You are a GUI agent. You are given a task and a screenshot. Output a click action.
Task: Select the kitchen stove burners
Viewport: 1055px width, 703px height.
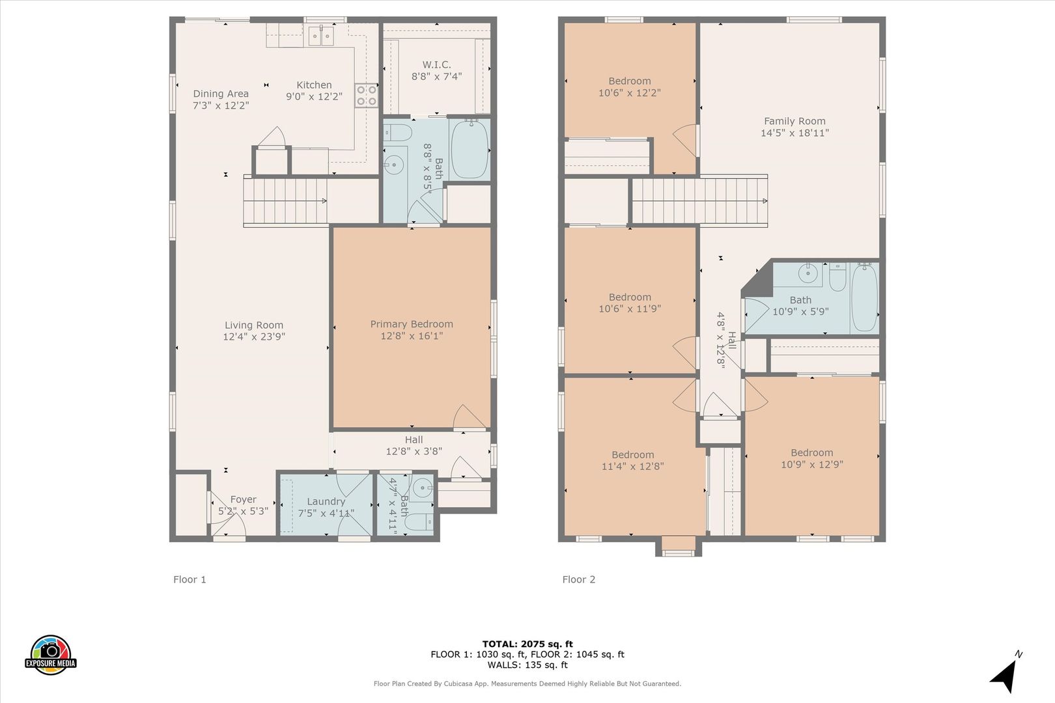[366, 95]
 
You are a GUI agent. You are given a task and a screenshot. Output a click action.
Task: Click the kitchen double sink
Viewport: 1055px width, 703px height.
[321, 36]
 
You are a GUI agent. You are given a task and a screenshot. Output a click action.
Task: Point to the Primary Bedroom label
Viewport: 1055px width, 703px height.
[412, 324]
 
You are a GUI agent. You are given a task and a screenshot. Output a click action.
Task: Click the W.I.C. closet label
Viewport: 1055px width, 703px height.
[436, 64]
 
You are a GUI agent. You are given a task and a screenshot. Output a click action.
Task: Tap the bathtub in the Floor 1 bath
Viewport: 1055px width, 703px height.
[469, 149]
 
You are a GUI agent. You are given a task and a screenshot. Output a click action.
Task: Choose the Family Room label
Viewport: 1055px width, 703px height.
[795, 121]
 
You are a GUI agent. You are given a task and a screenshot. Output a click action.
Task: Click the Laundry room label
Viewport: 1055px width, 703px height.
[326, 502]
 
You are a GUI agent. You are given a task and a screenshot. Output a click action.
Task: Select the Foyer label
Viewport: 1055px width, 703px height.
[243, 499]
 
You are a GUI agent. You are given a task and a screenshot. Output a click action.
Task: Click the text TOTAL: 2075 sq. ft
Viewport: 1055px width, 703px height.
[527, 644]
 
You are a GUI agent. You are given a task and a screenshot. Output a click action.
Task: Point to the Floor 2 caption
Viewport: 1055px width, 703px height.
[579, 579]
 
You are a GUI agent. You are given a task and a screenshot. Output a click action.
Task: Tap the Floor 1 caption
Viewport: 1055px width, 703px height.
[190, 579]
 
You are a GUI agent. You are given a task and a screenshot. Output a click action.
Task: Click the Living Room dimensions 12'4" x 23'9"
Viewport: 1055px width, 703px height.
[254, 336]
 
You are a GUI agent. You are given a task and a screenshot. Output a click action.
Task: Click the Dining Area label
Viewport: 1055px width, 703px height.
[221, 94]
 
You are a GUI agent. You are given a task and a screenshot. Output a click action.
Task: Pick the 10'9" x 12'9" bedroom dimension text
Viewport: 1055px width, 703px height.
[812, 464]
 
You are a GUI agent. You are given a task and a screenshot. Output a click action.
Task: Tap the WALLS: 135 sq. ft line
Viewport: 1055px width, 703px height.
[527, 665]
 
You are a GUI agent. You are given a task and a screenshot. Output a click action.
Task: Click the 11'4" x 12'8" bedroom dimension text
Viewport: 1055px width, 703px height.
[632, 466]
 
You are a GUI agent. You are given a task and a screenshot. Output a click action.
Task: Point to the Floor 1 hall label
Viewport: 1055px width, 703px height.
[414, 439]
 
